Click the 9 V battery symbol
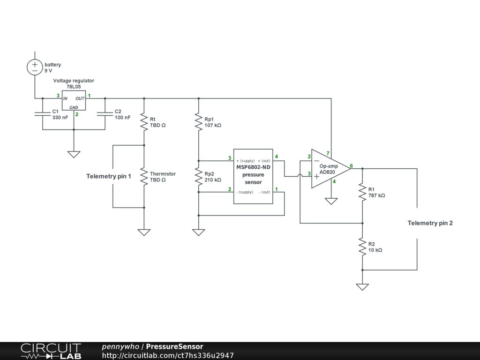(x=35, y=67)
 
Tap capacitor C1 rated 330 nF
(x=42, y=114)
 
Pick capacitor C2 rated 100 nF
(x=105, y=114)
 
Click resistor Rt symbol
(x=144, y=123)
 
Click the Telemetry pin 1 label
(x=109, y=176)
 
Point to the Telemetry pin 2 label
(x=430, y=223)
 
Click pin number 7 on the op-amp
(x=328, y=154)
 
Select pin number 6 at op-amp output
(x=351, y=166)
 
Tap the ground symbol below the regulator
(x=74, y=154)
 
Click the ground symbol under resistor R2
(x=362, y=286)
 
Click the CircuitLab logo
(x=51, y=351)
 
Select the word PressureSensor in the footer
(x=174, y=347)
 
